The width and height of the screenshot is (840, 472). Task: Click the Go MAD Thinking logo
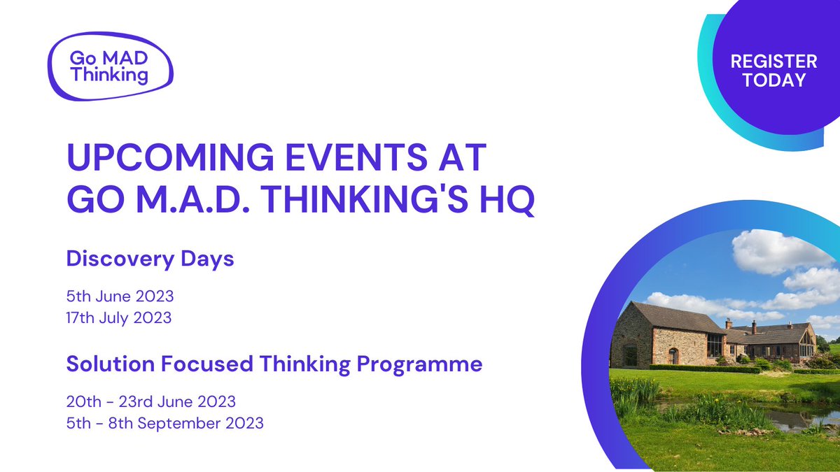click(x=111, y=66)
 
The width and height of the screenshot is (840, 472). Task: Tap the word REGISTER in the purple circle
click(x=773, y=62)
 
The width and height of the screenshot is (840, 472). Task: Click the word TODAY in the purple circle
click(x=774, y=80)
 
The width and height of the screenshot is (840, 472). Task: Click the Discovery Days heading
click(x=150, y=259)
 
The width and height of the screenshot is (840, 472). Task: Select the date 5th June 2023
click(x=120, y=296)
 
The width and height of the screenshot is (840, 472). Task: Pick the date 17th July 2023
click(x=119, y=318)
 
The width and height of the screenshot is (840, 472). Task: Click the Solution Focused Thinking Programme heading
click(x=274, y=364)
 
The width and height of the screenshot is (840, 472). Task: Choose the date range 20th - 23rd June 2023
click(x=151, y=402)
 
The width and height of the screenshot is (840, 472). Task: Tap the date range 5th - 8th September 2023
click(x=165, y=424)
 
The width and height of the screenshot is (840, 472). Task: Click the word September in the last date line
click(x=179, y=424)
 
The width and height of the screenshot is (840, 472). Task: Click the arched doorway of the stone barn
click(x=673, y=356)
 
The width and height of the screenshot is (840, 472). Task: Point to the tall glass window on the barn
click(x=715, y=345)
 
